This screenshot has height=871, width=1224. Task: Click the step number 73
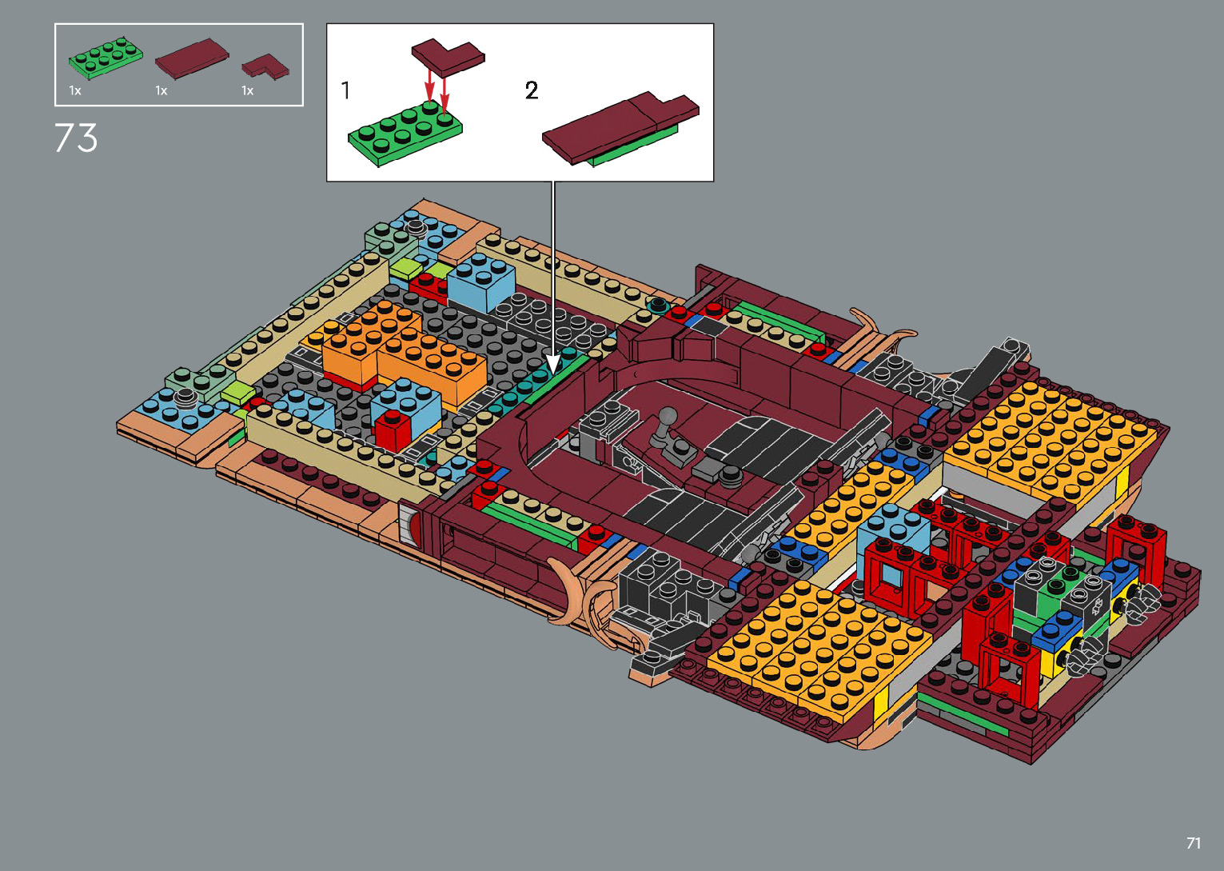coord(76,138)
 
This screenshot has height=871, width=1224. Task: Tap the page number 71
coord(1194,842)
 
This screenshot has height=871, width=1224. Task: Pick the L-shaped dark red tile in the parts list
coord(266,66)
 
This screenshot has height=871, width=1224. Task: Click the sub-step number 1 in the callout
coord(345,90)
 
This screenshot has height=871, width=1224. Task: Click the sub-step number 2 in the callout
coord(532,90)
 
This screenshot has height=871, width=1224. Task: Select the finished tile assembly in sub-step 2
coord(620,128)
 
